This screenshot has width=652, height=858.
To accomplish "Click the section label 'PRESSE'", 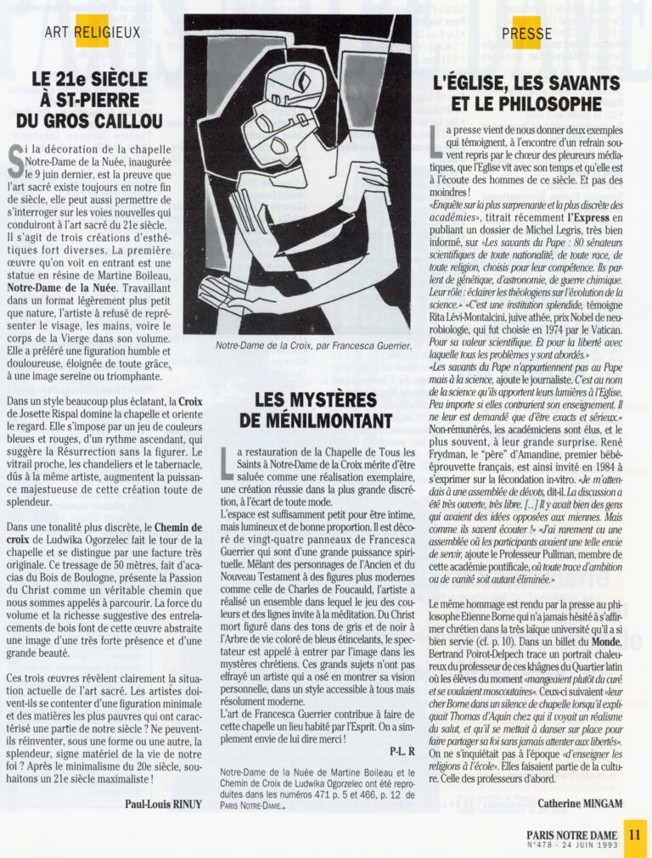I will (x=526, y=34).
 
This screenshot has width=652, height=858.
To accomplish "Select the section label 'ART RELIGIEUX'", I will (x=93, y=33).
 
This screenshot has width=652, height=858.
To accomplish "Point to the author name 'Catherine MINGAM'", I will (x=580, y=801).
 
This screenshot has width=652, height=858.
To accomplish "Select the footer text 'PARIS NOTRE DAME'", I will (x=571, y=835).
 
